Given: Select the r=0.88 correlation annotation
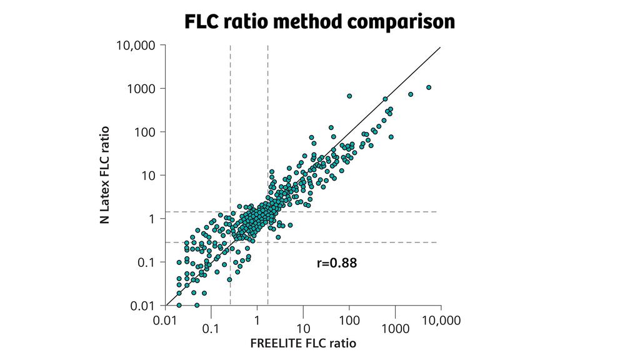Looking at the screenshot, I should coord(337,263).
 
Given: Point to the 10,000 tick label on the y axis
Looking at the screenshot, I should coord(136,45).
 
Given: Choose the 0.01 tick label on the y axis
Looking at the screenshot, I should coord(144,306).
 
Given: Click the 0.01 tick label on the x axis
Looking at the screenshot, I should coord(166,321).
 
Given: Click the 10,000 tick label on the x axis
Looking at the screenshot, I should coord(441,321).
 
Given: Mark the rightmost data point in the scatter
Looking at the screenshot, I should coord(429,87).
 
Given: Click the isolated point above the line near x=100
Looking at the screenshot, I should coord(349,96).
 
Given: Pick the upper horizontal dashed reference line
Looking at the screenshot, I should coord(350,212).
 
